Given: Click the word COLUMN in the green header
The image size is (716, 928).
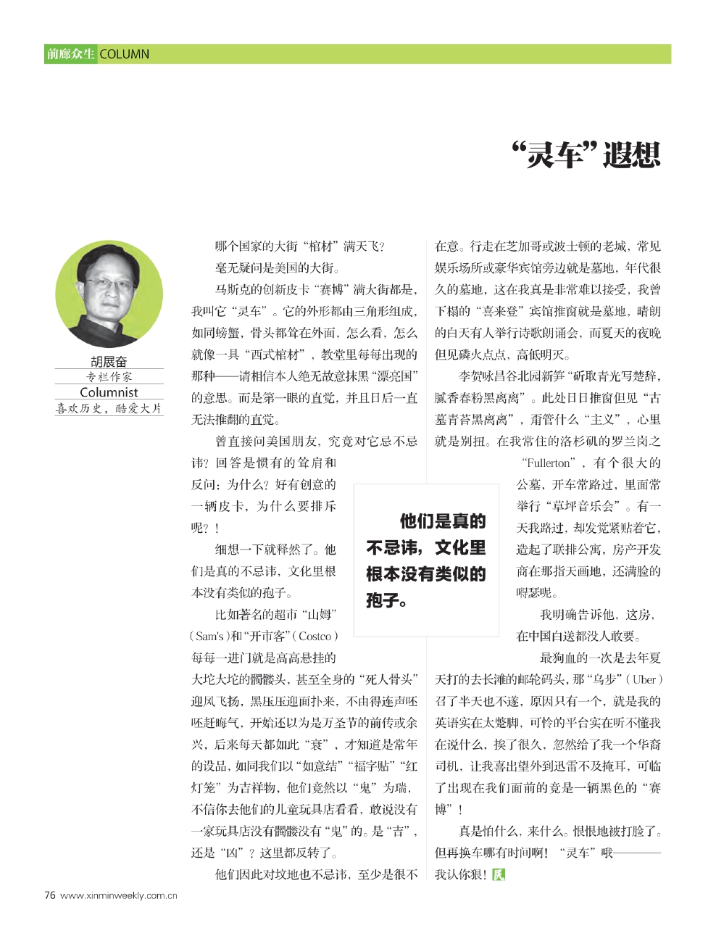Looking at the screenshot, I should [x=124, y=54].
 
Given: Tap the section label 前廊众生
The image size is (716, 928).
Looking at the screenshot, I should [x=70, y=54].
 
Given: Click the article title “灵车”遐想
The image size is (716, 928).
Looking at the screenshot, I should [x=586, y=154].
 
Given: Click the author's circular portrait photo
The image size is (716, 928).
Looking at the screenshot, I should [x=109, y=294].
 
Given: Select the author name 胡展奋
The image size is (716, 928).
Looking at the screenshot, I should [x=109, y=362].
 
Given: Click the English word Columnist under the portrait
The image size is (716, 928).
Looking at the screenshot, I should [x=109, y=392].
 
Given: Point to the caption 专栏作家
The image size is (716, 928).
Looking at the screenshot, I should [x=109, y=377].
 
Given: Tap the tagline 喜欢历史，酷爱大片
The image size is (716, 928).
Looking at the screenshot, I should [x=109, y=408].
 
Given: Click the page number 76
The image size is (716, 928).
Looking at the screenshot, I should [x=50, y=895].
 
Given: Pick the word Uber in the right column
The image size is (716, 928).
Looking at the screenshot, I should [x=644, y=680].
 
